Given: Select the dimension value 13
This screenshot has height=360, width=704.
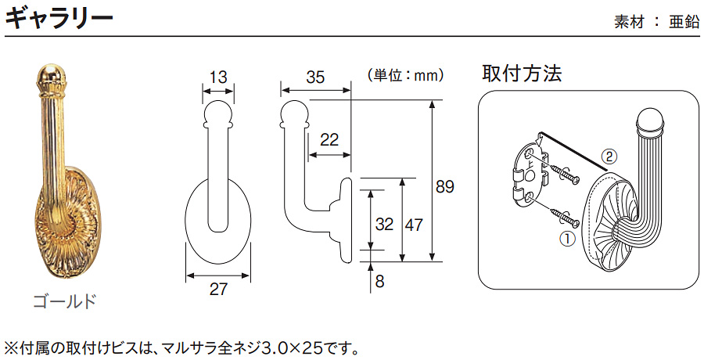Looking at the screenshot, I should tap(218, 77).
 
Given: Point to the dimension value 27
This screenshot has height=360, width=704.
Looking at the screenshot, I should tap(218, 290).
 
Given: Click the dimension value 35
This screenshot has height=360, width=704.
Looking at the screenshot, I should tap(315, 77).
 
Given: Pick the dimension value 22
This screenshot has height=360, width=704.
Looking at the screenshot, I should tap(329, 139).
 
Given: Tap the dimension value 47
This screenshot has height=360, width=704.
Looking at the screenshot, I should tap(415, 225).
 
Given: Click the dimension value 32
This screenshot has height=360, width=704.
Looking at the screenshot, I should tap(384, 225).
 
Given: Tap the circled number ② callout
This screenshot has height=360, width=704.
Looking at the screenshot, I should tap(611, 155).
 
